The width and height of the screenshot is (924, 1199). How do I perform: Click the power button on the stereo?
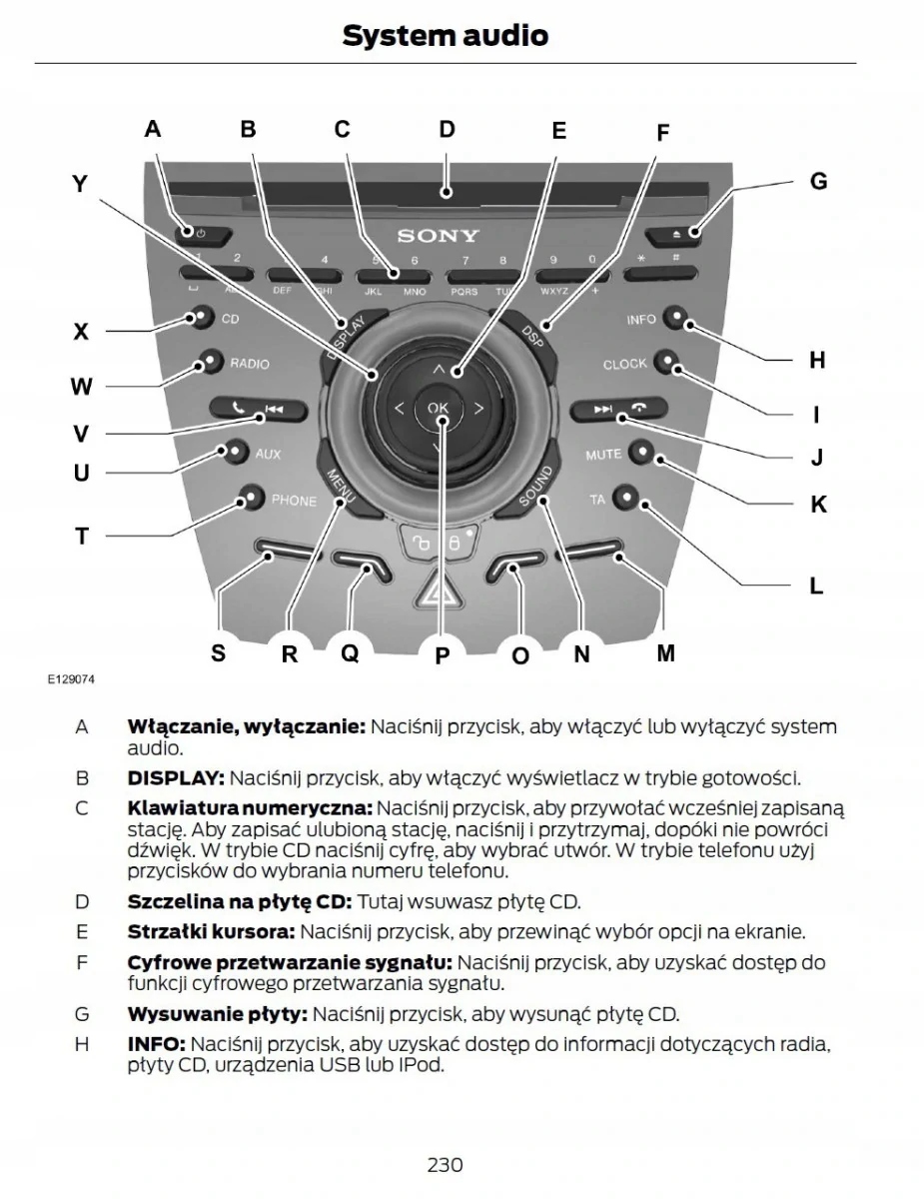(x=201, y=234)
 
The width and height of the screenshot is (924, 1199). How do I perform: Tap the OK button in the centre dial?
(x=439, y=408)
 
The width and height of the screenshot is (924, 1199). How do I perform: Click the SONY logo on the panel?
(x=439, y=237)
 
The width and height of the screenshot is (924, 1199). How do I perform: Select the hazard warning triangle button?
(x=438, y=596)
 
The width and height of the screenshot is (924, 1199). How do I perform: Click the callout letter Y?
(x=80, y=184)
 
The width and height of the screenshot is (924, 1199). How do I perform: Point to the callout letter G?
(x=818, y=182)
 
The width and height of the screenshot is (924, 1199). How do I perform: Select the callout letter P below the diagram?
(x=443, y=655)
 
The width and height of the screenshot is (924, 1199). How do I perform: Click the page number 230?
(x=445, y=1164)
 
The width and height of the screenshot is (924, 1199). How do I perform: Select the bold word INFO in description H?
(x=155, y=1043)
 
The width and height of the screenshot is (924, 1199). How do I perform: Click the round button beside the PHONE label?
(x=252, y=497)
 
